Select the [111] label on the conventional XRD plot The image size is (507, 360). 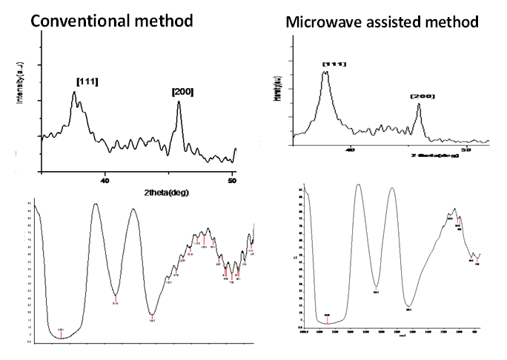(x=87, y=81)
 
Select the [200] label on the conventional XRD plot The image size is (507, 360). (x=182, y=92)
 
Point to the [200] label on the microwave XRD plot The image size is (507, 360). (x=422, y=96)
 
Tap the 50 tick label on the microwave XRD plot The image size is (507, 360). (x=467, y=149)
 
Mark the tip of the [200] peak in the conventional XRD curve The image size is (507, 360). (x=179, y=101)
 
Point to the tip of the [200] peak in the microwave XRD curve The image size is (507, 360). (x=419, y=104)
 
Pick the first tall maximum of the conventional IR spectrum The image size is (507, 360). (x=96, y=204)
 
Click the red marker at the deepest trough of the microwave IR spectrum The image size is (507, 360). (x=328, y=319)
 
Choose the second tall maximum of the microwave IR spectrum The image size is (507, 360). (x=391, y=188)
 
